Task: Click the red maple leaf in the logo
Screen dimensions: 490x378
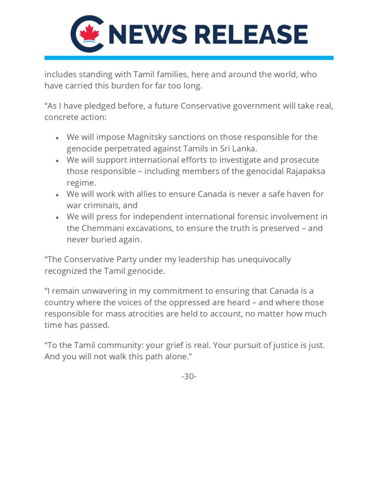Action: click(89, 33)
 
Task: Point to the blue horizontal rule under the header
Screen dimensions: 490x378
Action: click(189, 58)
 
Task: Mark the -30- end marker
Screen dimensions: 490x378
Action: click(189, 377)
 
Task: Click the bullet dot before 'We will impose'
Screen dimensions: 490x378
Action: click(57, 138)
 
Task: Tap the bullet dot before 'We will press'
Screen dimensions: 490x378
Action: click(57, 217)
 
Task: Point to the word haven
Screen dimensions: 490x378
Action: click(297, 194)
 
